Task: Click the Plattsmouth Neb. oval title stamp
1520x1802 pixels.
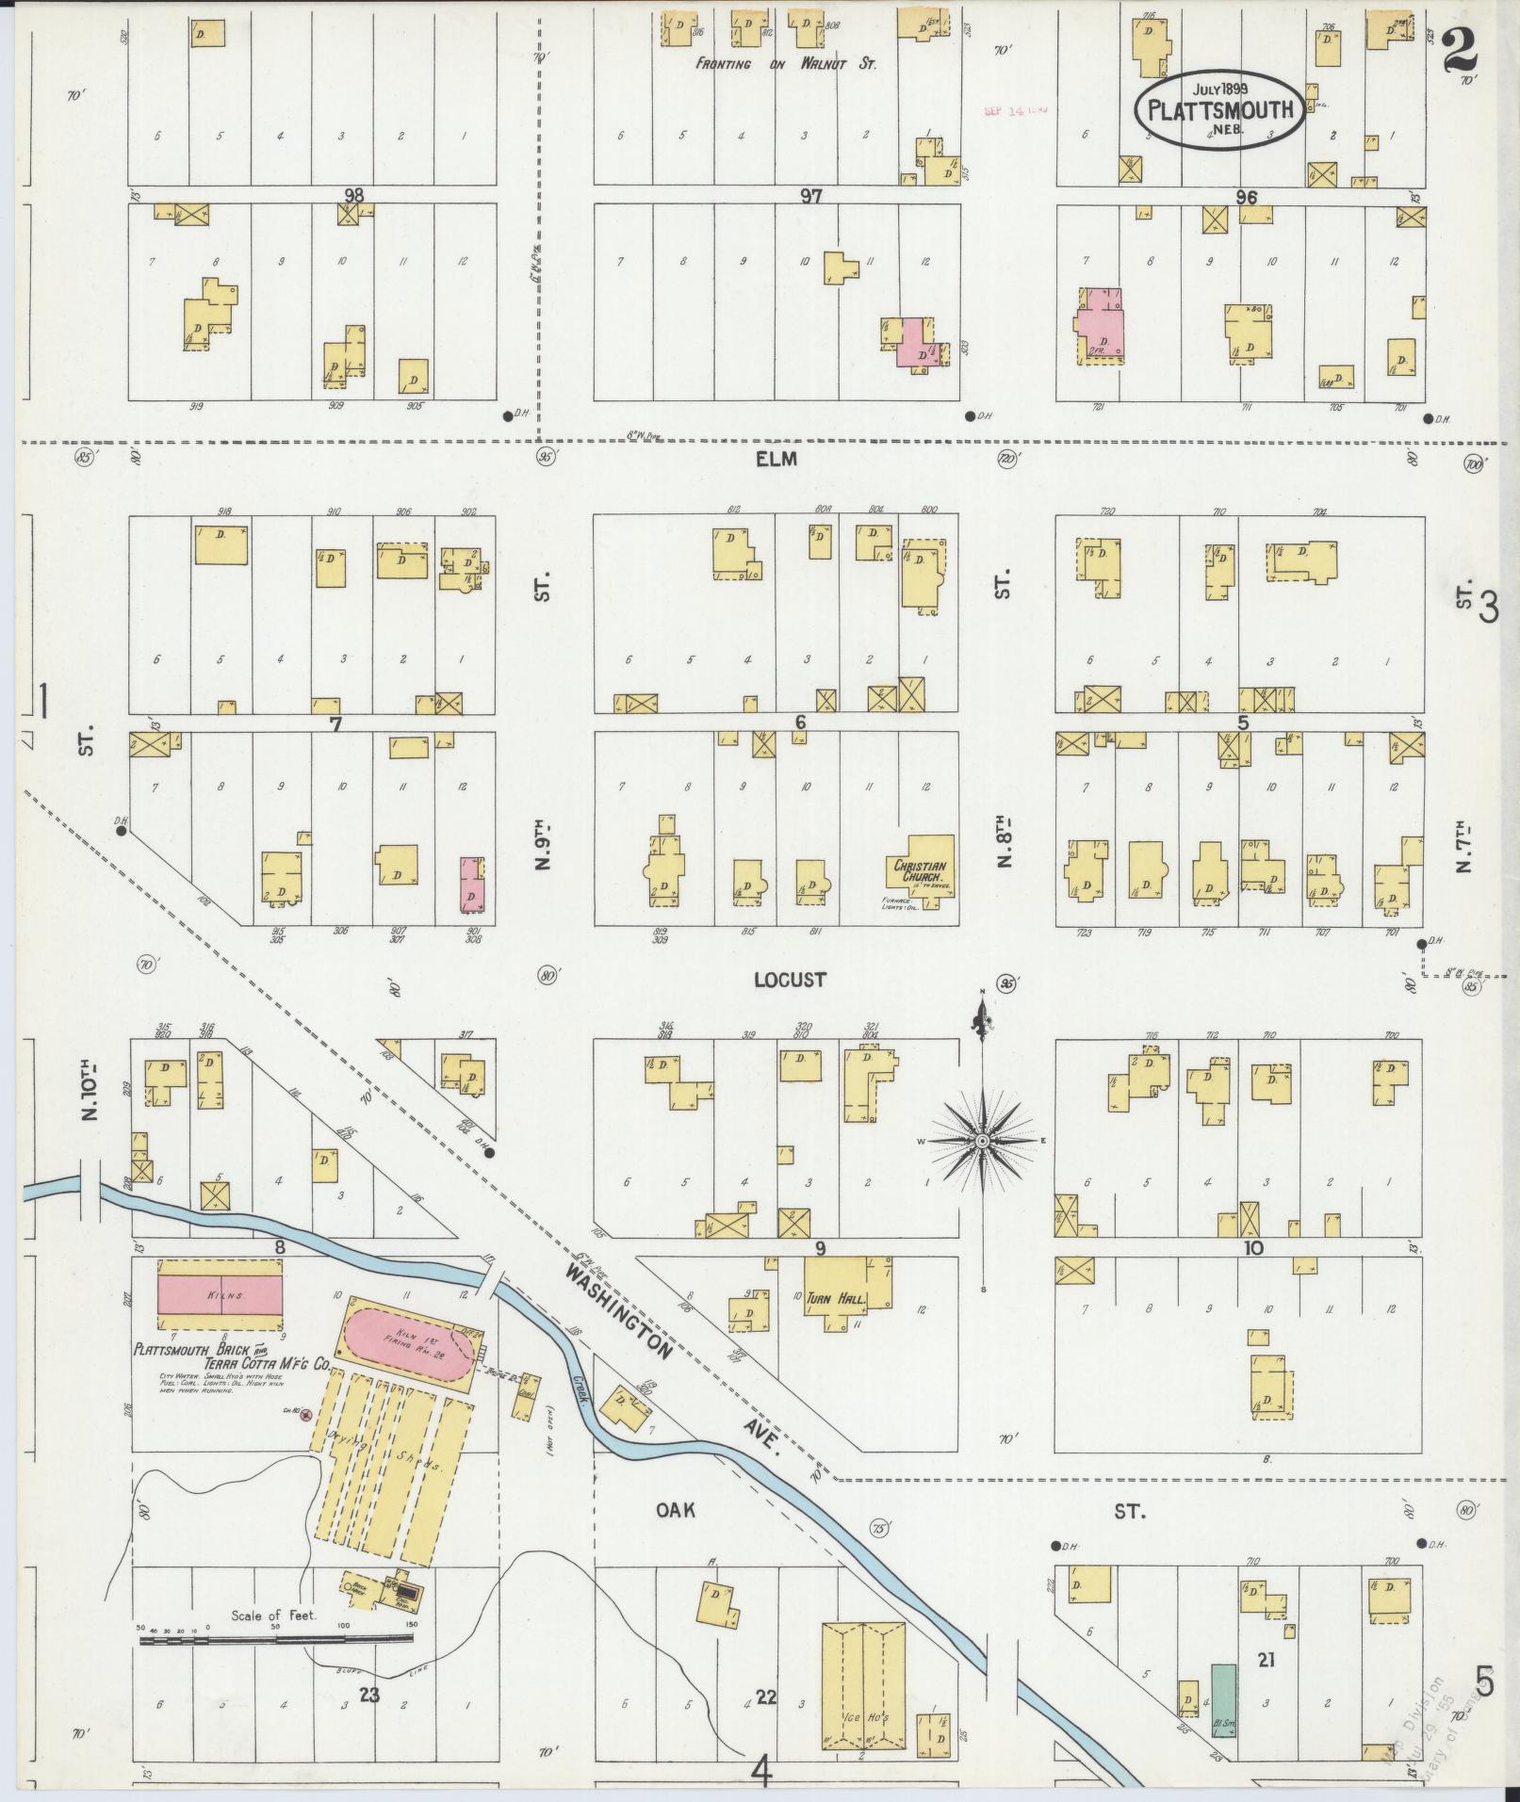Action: [x=1221, y=108]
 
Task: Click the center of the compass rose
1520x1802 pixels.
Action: [x=982, y=1141]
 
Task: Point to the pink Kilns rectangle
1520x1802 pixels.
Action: [x=220, y=1296]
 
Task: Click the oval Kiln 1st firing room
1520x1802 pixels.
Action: [x=407, y=1348]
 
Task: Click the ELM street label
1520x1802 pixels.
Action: [x=776, y=459]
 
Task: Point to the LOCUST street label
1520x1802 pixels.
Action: [x=790, y=980]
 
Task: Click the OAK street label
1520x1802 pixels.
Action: [x=676, y=1510]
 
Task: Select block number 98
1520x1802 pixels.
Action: [x=353, y=195]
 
